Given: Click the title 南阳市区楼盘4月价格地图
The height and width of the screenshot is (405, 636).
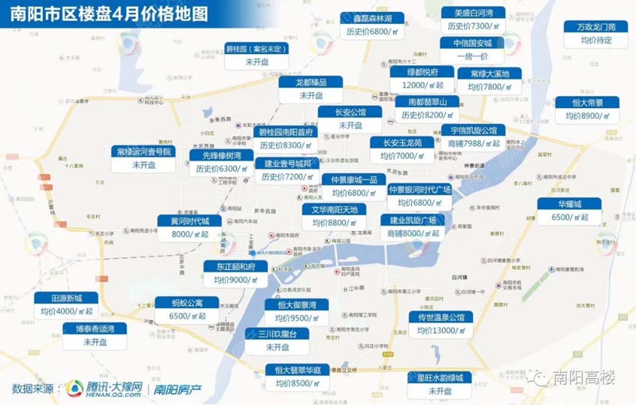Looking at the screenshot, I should (x=107, y=13).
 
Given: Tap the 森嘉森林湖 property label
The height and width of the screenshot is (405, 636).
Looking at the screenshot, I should (x=371, y=18).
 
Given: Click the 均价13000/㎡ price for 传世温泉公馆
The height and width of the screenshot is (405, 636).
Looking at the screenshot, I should (x=440, y=330).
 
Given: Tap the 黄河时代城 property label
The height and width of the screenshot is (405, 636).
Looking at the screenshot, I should (x=184, y=221).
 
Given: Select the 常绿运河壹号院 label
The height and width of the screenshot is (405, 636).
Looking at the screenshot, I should (x=144, y=152).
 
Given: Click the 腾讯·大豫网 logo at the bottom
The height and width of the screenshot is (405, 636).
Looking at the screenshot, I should (x=105, y=388).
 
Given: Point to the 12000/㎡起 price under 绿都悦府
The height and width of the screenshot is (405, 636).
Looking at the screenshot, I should (x=421, y=85).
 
